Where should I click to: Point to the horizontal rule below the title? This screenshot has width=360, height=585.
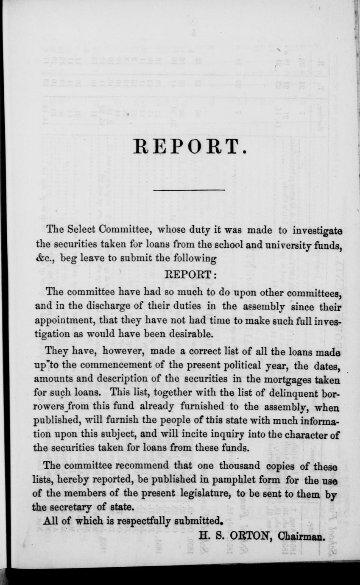pyautogui.click(x=189, y=190)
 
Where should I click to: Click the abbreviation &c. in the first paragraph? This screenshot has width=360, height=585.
pyautogui.click(x=41, y=258)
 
